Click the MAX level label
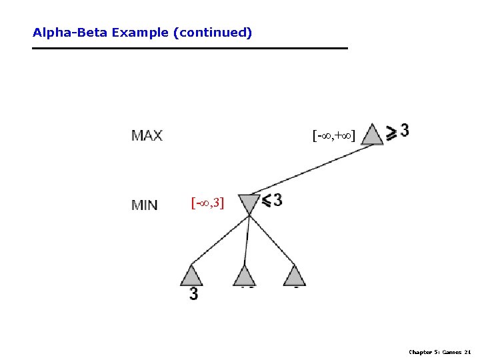click(x=147, y=135)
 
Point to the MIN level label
click(x=145, y=205)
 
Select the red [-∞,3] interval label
click(x=208, y=203)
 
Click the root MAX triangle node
click(x=372, y=135)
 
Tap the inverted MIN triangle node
click(x=248, y=203)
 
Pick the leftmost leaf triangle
click(x=191, y=275)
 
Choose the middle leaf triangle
click(x=245, y=275)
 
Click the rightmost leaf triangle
click(x=294, y=275)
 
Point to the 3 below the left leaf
click(x=193, y=293)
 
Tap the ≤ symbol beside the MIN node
click(x=266, y=200)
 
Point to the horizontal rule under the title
click(x=190, y=48)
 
